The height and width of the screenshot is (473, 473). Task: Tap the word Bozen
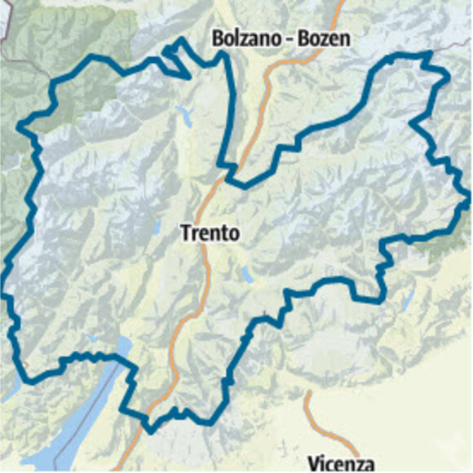(323, 38)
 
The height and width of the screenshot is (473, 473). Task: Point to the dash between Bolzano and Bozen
(286, 39)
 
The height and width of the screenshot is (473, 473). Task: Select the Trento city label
(210, 234)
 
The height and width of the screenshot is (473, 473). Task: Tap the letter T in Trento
(185, 234)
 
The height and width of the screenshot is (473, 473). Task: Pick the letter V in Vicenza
(312, 462)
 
